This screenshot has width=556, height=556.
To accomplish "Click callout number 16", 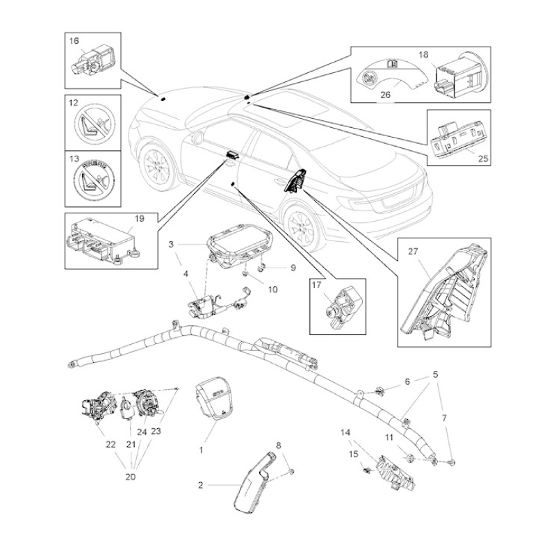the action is (74, 41).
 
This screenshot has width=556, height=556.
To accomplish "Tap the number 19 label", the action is (140, 218).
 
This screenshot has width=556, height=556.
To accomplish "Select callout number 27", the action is (413, 252).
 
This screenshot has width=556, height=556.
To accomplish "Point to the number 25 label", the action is (483, 158).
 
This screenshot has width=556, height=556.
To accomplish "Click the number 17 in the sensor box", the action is (316, 285).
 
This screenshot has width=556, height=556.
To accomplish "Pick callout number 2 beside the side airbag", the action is (201, 484).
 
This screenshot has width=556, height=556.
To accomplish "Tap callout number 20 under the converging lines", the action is (131, 477).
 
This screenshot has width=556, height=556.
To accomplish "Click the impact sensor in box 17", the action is (341, 308).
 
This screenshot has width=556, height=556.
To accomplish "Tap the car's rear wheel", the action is (301, 228).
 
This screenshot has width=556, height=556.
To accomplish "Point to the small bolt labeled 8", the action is (291, 471).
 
